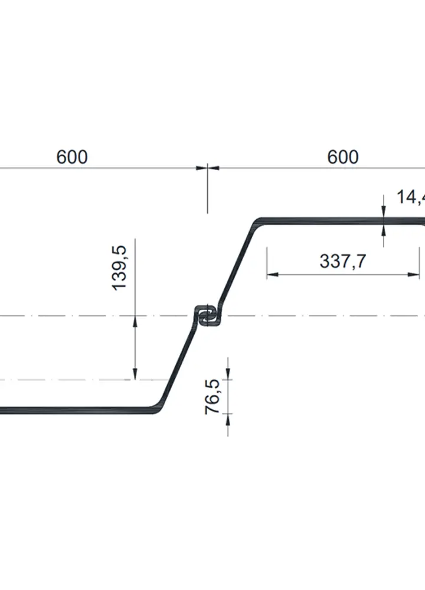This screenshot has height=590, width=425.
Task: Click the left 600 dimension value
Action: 72,157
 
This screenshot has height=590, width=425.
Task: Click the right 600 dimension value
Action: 342,157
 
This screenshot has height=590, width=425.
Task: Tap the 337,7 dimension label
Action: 342,261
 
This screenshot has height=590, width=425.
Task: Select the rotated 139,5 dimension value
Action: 120,268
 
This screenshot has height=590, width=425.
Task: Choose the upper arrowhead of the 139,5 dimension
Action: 135,320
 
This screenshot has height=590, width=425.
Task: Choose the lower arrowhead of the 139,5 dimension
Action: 135,375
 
